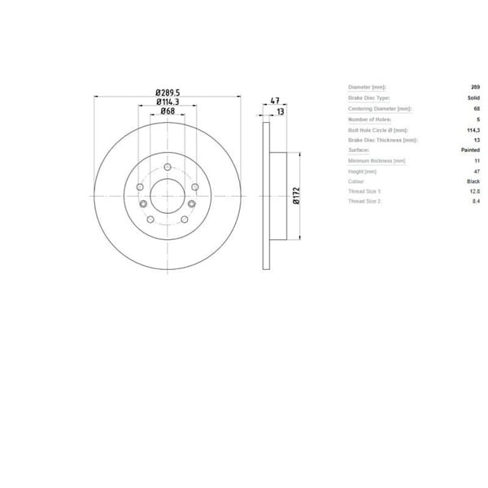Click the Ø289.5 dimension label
click(x=168, y=92)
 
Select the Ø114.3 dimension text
click(x=168, y=102)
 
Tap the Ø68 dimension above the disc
click(x=168, y=111)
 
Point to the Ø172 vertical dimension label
click(x=297, y=195)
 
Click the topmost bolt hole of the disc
click(x=168, y=168)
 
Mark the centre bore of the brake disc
click(x=168, y=196)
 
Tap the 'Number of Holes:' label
click(x=365, y=118)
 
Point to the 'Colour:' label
click(x=358, y=181)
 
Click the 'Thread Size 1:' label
click(x=364, y=191)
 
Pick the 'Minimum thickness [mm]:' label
click(x=376, y=160)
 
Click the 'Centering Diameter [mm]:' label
click(x=379, y=107)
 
